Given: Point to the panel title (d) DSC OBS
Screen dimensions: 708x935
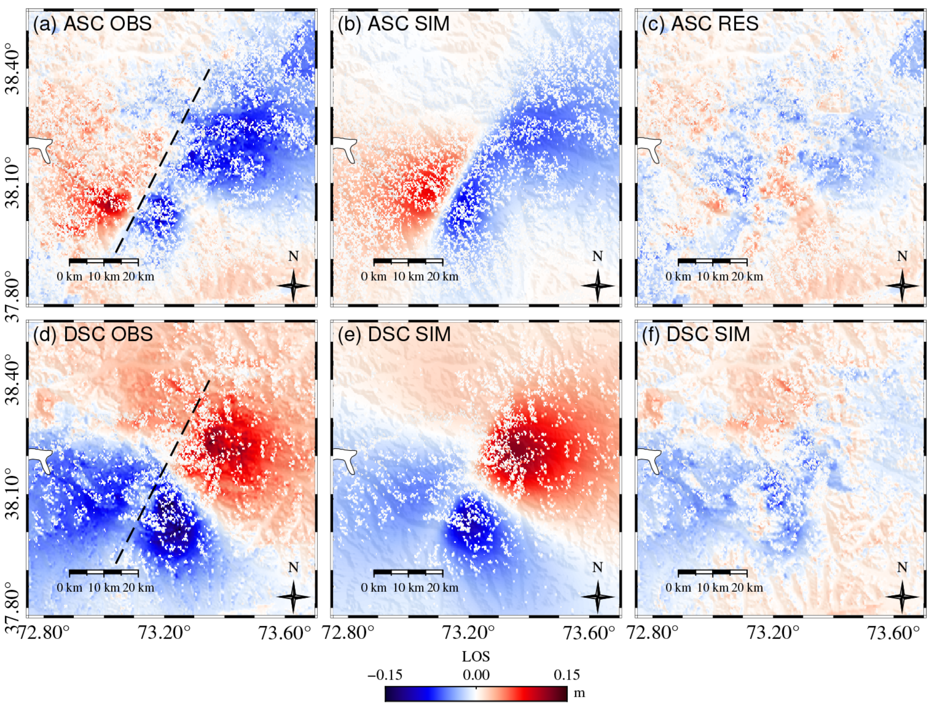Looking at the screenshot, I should tap(93, 334).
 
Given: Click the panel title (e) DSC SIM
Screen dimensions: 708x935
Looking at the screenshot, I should tap(394, 334).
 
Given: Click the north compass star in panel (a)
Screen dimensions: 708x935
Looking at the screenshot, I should tap(293, 286).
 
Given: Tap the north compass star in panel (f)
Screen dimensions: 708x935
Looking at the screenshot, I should tap(902, 597).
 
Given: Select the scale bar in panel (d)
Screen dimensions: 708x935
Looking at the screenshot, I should tap(104, 573).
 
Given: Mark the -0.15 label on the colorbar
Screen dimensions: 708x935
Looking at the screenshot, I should tap(385, 675).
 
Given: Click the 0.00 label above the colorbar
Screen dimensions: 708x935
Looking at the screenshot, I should tap(476, 675).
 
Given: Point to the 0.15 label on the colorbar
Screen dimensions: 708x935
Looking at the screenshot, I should tap(566, 675).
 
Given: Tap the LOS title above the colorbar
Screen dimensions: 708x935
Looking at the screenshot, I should tap(476, 656).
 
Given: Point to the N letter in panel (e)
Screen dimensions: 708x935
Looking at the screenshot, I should tap(597, 568).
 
